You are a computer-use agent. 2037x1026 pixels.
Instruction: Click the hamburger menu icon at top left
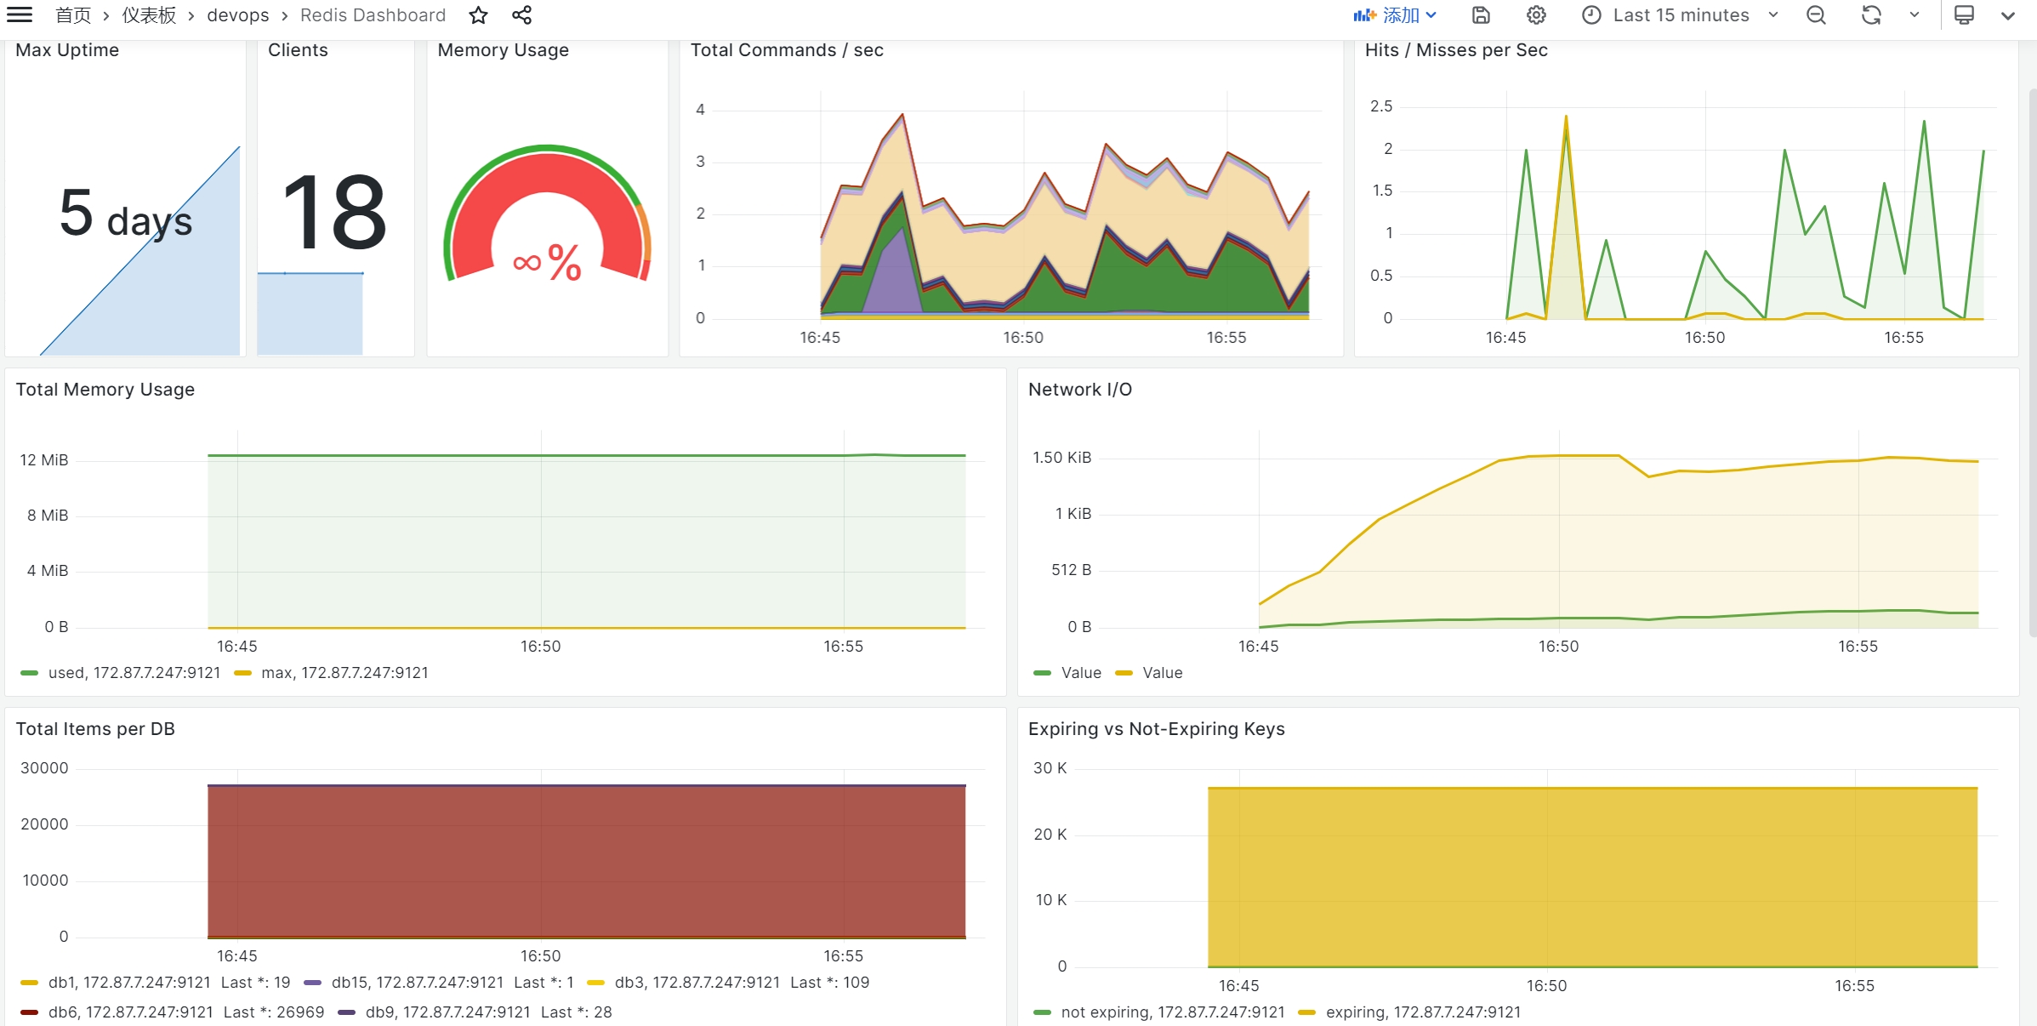point(19,14)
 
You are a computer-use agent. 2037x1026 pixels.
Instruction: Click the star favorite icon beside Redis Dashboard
point(478,15)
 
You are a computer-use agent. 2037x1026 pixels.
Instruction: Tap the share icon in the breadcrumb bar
point(521,15)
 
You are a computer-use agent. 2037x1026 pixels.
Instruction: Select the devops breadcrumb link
point(237,15)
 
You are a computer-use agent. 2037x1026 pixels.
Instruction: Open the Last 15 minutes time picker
point(1680,15)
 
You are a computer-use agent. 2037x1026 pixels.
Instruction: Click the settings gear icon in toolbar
point(1535,15)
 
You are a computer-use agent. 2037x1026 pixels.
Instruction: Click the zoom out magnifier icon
point(1816,15)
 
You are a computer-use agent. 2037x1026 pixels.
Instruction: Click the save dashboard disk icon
point(1481,15)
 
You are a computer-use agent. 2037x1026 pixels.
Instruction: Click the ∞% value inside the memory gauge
point(547,262)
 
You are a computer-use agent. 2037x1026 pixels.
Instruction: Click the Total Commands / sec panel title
point(786,50)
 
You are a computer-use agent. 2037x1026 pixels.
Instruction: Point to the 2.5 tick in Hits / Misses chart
point(1380,106)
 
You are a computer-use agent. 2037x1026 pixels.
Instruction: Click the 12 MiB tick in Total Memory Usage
point(43,460)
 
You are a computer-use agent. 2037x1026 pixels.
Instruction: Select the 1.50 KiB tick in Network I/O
point(1061,458)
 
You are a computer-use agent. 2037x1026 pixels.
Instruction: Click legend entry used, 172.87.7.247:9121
point(134,673)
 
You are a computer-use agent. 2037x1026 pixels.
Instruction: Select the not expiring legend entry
point(1172,1012)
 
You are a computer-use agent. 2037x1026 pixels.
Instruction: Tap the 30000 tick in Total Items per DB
point(44,768)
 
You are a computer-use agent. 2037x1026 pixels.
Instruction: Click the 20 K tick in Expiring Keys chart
point(1050,835)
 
